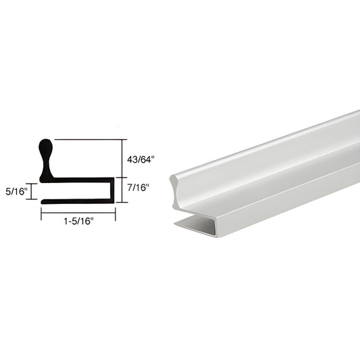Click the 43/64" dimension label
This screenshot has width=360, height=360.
point(139,159)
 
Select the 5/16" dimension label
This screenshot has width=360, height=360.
point(16,191)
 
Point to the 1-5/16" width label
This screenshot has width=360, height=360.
point(78,221)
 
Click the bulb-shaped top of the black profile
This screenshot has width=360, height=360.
point(46,147)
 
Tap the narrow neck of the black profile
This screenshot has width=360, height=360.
point(46,162)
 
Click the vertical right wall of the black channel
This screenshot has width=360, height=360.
point(112,190)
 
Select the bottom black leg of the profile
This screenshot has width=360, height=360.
point(78,201)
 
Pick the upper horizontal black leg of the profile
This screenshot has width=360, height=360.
point(82,180)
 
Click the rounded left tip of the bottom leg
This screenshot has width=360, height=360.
point(43,201)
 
